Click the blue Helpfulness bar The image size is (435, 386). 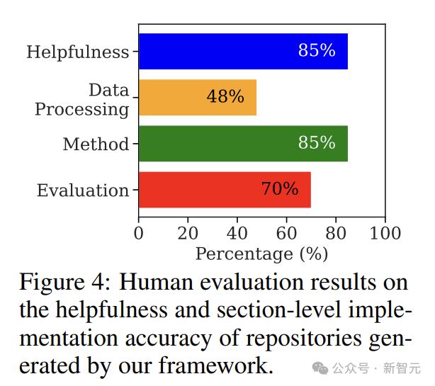[x=243, y=52]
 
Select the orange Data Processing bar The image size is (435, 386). [x=197, y=98]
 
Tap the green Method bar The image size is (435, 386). [x=243, y=144]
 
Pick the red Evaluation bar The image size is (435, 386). [x=225, y=190]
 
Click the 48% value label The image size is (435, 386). [x=225, y=97]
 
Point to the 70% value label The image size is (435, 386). [x=280, y=189]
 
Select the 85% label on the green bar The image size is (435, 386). [x=317, y=143]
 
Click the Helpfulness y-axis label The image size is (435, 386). [x=78, y=52]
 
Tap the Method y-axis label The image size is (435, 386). [x=96, y=145]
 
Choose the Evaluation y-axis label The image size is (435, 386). [x=83, y=191]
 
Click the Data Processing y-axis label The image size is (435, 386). [x=82, y=100]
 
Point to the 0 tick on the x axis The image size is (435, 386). [x=139, y=234]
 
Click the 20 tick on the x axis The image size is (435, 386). [x=188, y=234]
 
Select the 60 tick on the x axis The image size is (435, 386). [x=286, y=234]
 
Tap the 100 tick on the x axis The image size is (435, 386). [x=385, y=234]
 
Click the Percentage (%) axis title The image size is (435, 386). [x=261, y=254]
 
